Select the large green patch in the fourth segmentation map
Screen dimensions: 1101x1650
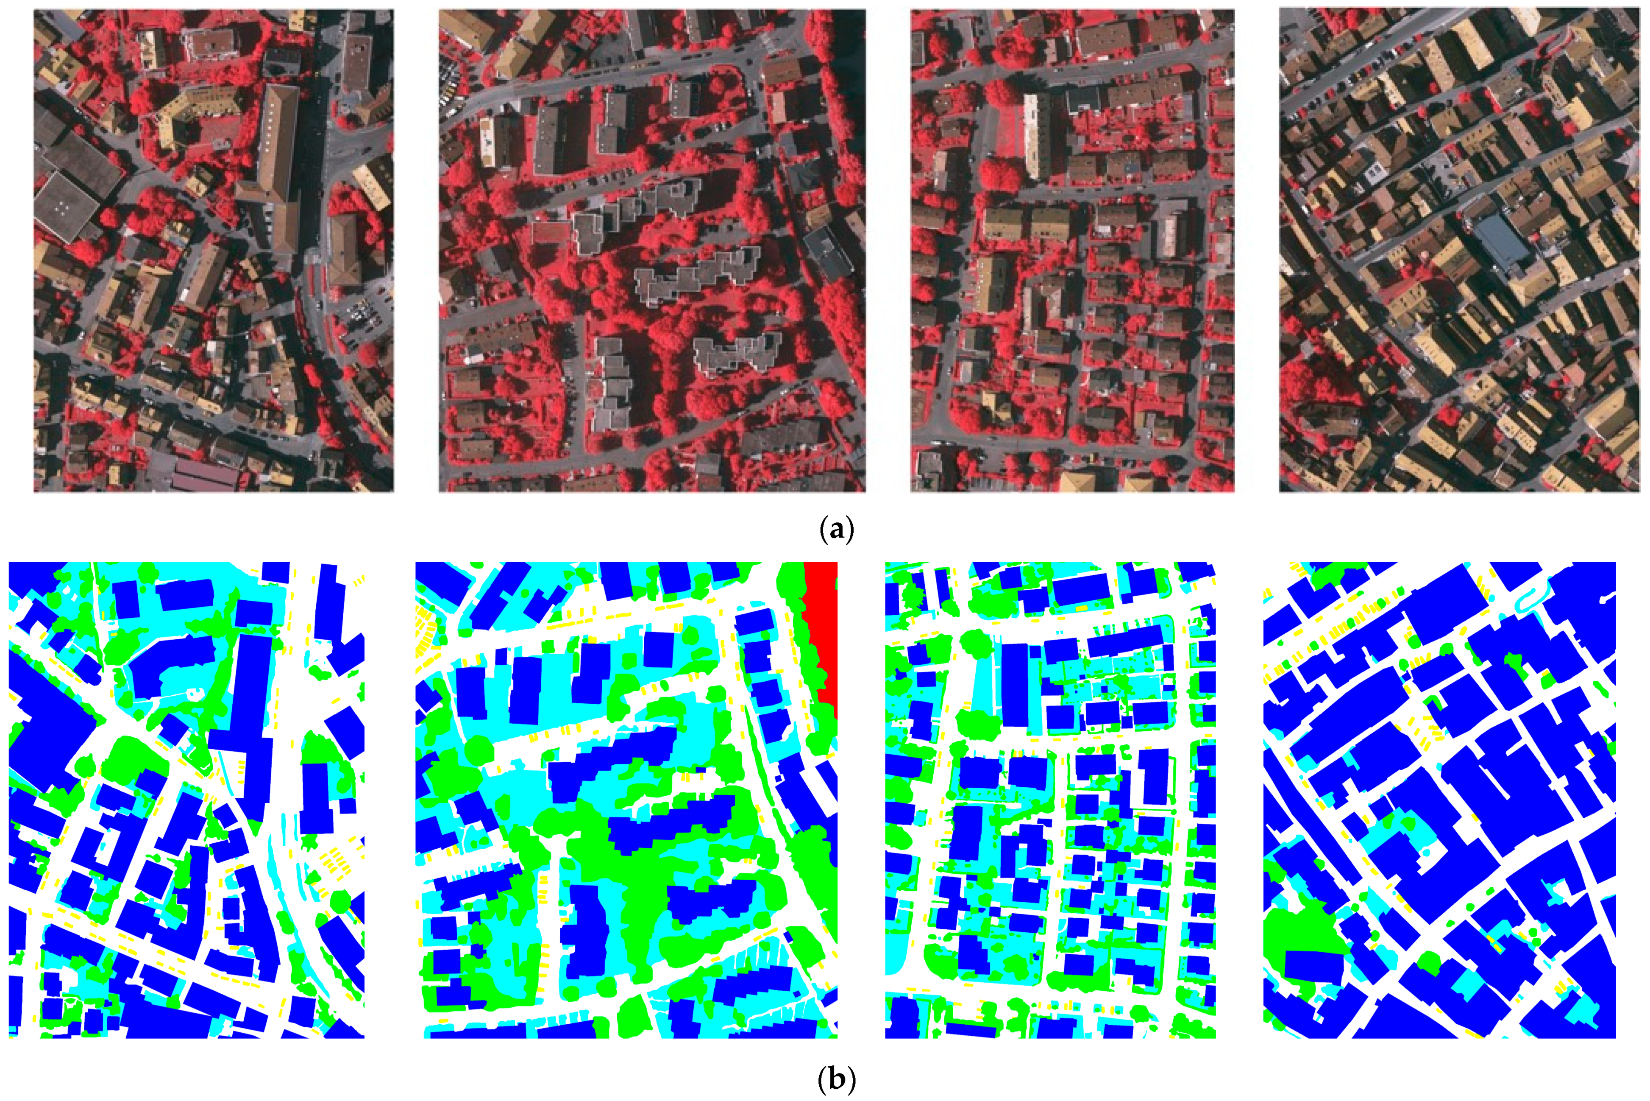pos(1298,934)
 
